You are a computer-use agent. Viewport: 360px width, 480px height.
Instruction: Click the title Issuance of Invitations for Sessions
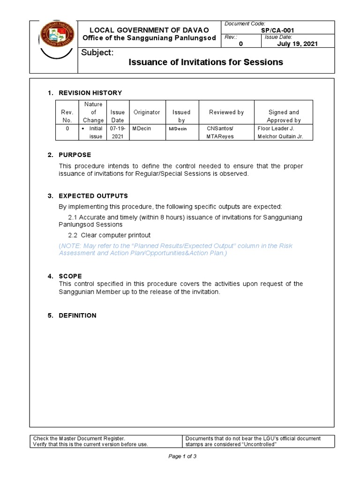206,62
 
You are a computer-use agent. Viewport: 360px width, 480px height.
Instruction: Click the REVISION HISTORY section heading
90,93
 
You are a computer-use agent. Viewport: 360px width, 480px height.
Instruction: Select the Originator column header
147,112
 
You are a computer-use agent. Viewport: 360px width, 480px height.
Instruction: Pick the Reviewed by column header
226,112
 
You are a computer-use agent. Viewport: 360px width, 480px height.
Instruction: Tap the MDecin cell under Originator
142,128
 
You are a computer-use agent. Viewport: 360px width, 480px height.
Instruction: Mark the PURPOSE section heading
75,155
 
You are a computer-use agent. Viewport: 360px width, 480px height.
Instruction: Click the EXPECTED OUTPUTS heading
93,195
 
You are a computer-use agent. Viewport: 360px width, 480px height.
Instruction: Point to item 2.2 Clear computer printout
109,235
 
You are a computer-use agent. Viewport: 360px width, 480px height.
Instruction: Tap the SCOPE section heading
70,276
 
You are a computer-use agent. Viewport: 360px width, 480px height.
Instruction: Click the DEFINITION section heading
77,315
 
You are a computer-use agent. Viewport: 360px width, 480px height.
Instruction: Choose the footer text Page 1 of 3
182,457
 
